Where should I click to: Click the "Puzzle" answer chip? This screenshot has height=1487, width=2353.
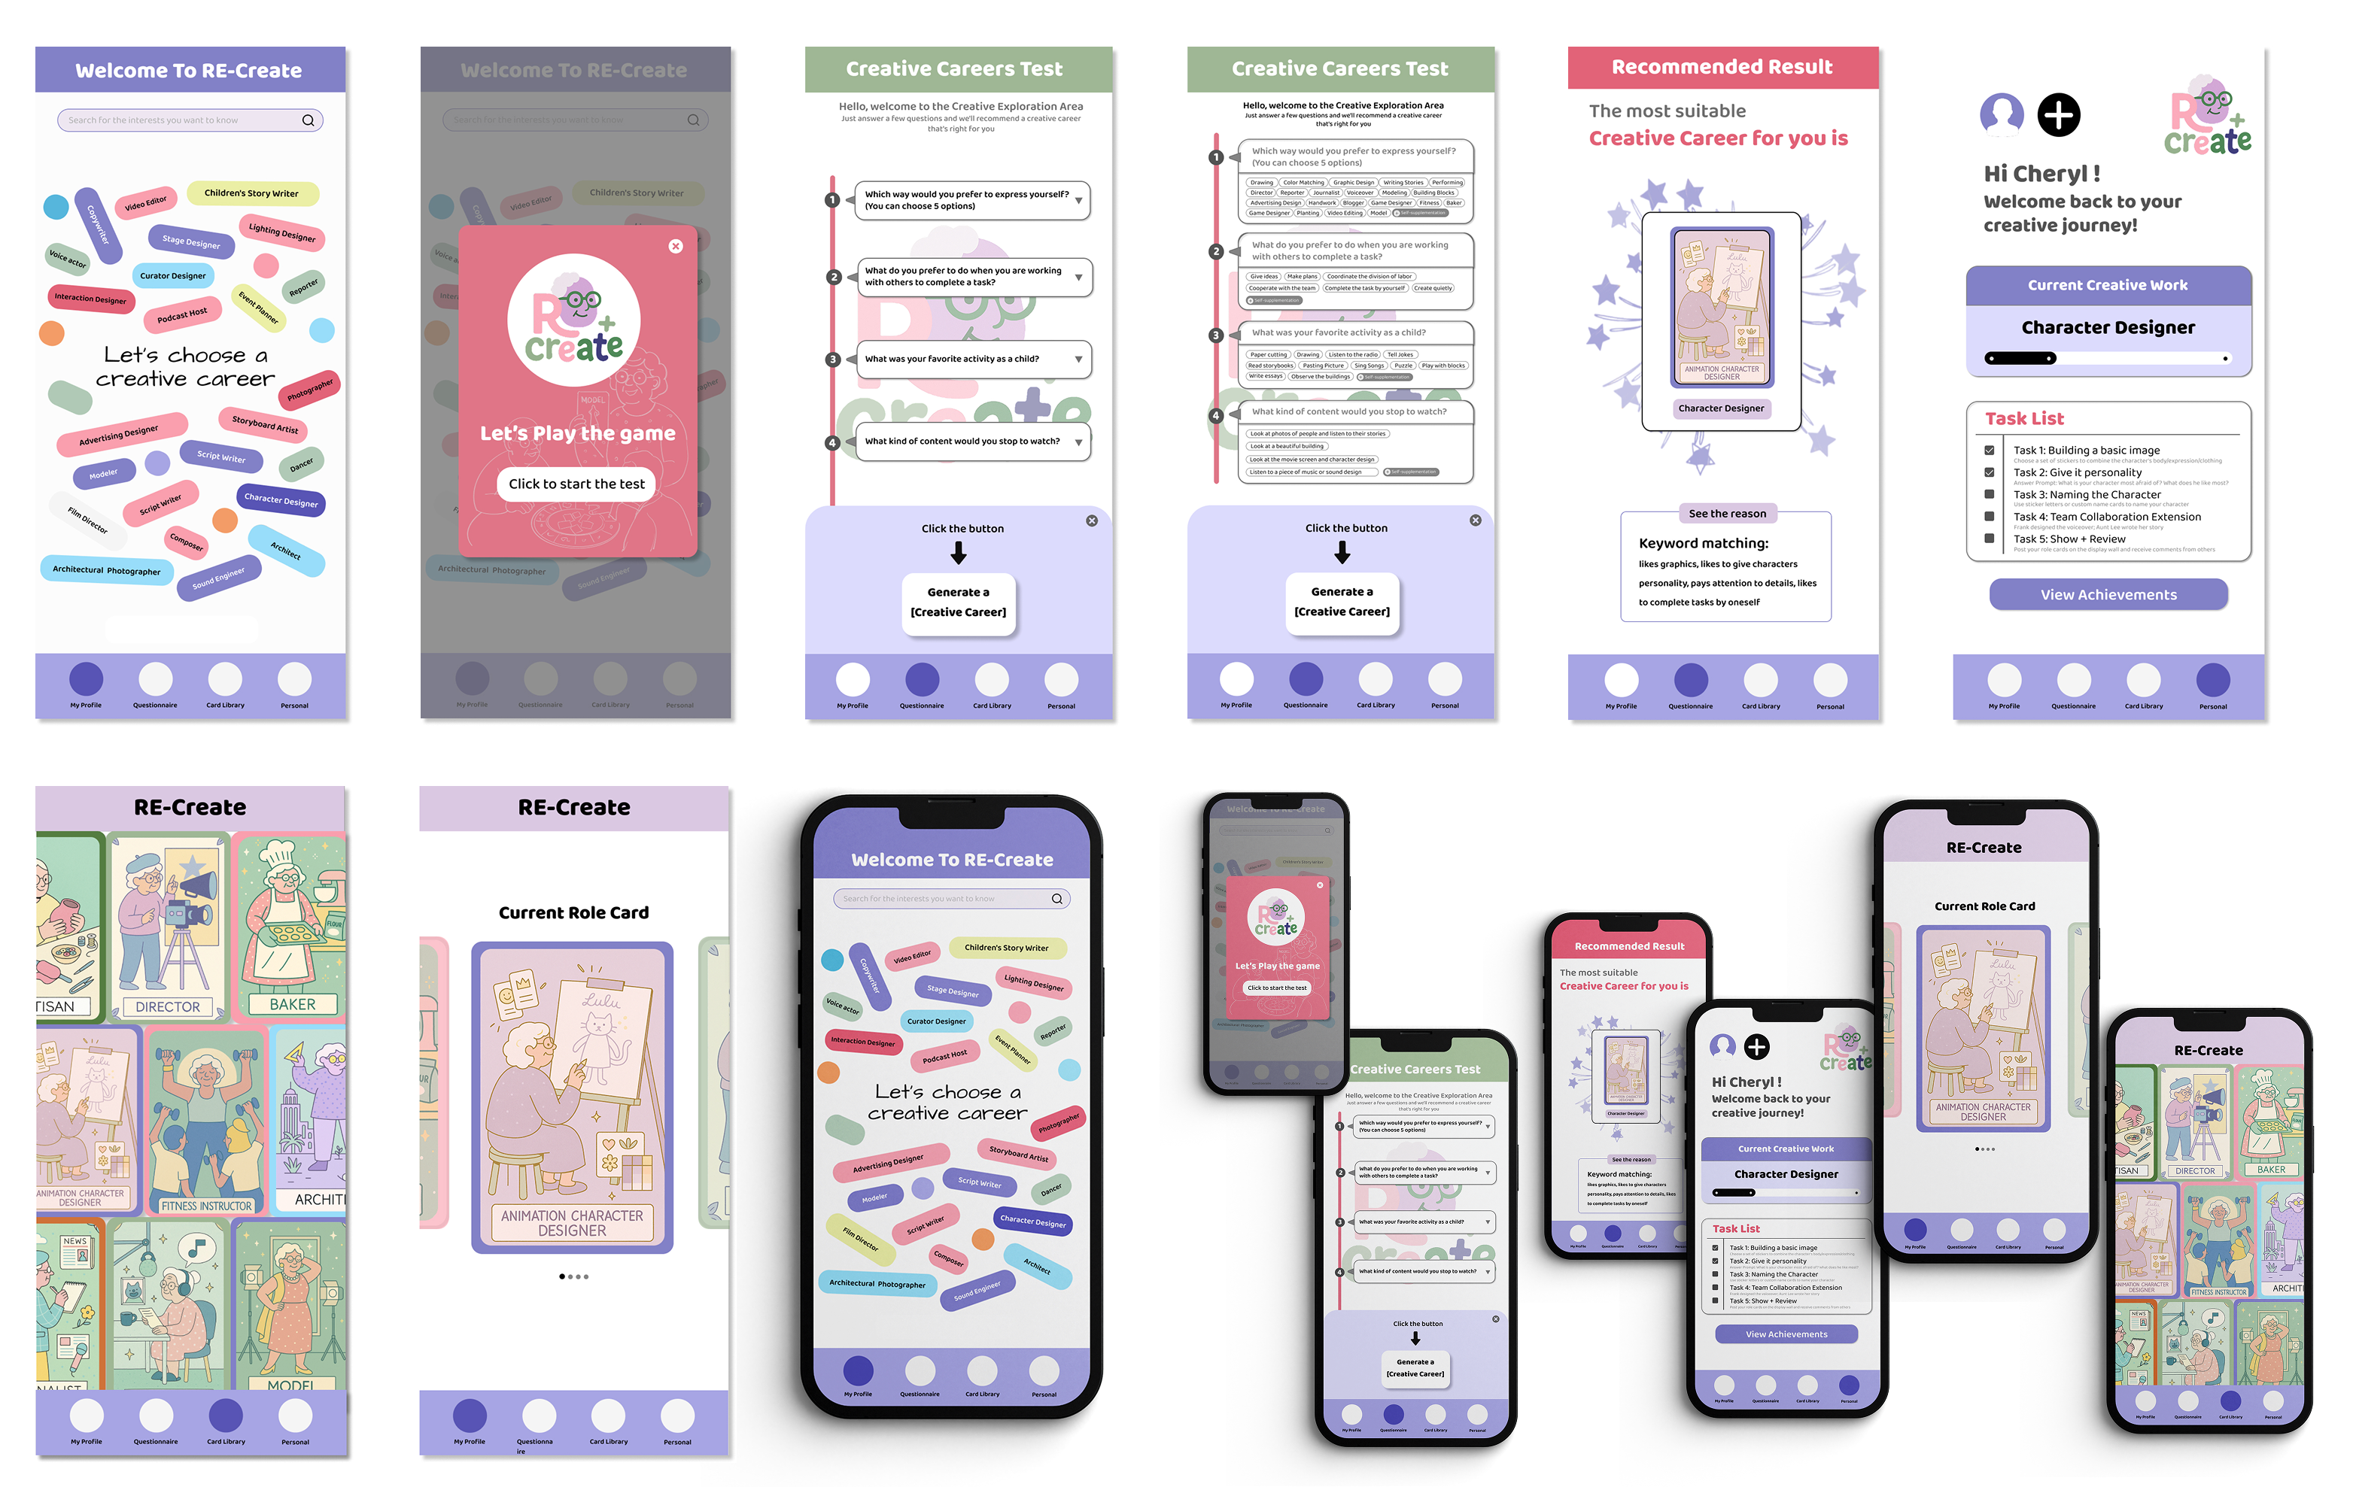click(x=1403, y=366)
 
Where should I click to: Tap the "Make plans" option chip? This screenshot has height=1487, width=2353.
click(x=1302, y=277)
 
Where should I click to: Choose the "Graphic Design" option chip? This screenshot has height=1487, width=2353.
click(x=1354, y=183)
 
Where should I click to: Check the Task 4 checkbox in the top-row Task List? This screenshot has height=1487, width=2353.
click(x=1989, y=517)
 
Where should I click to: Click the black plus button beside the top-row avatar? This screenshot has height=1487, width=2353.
click(x=2058, y=115)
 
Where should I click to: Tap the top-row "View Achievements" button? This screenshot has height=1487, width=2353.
click(x=2108, y=594)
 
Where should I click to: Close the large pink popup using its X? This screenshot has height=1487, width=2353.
click(x=675, y=246)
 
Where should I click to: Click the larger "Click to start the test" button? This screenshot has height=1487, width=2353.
click(x=576, y=484)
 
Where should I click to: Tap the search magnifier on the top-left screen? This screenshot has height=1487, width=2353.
click(x=308, y=120)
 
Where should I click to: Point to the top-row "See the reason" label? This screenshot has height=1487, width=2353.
click(x=1727, y=513)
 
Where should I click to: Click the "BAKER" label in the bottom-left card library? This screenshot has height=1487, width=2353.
click(x=292, y=1003)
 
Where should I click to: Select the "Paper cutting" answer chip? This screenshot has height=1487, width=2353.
click(x=1269, y=355)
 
